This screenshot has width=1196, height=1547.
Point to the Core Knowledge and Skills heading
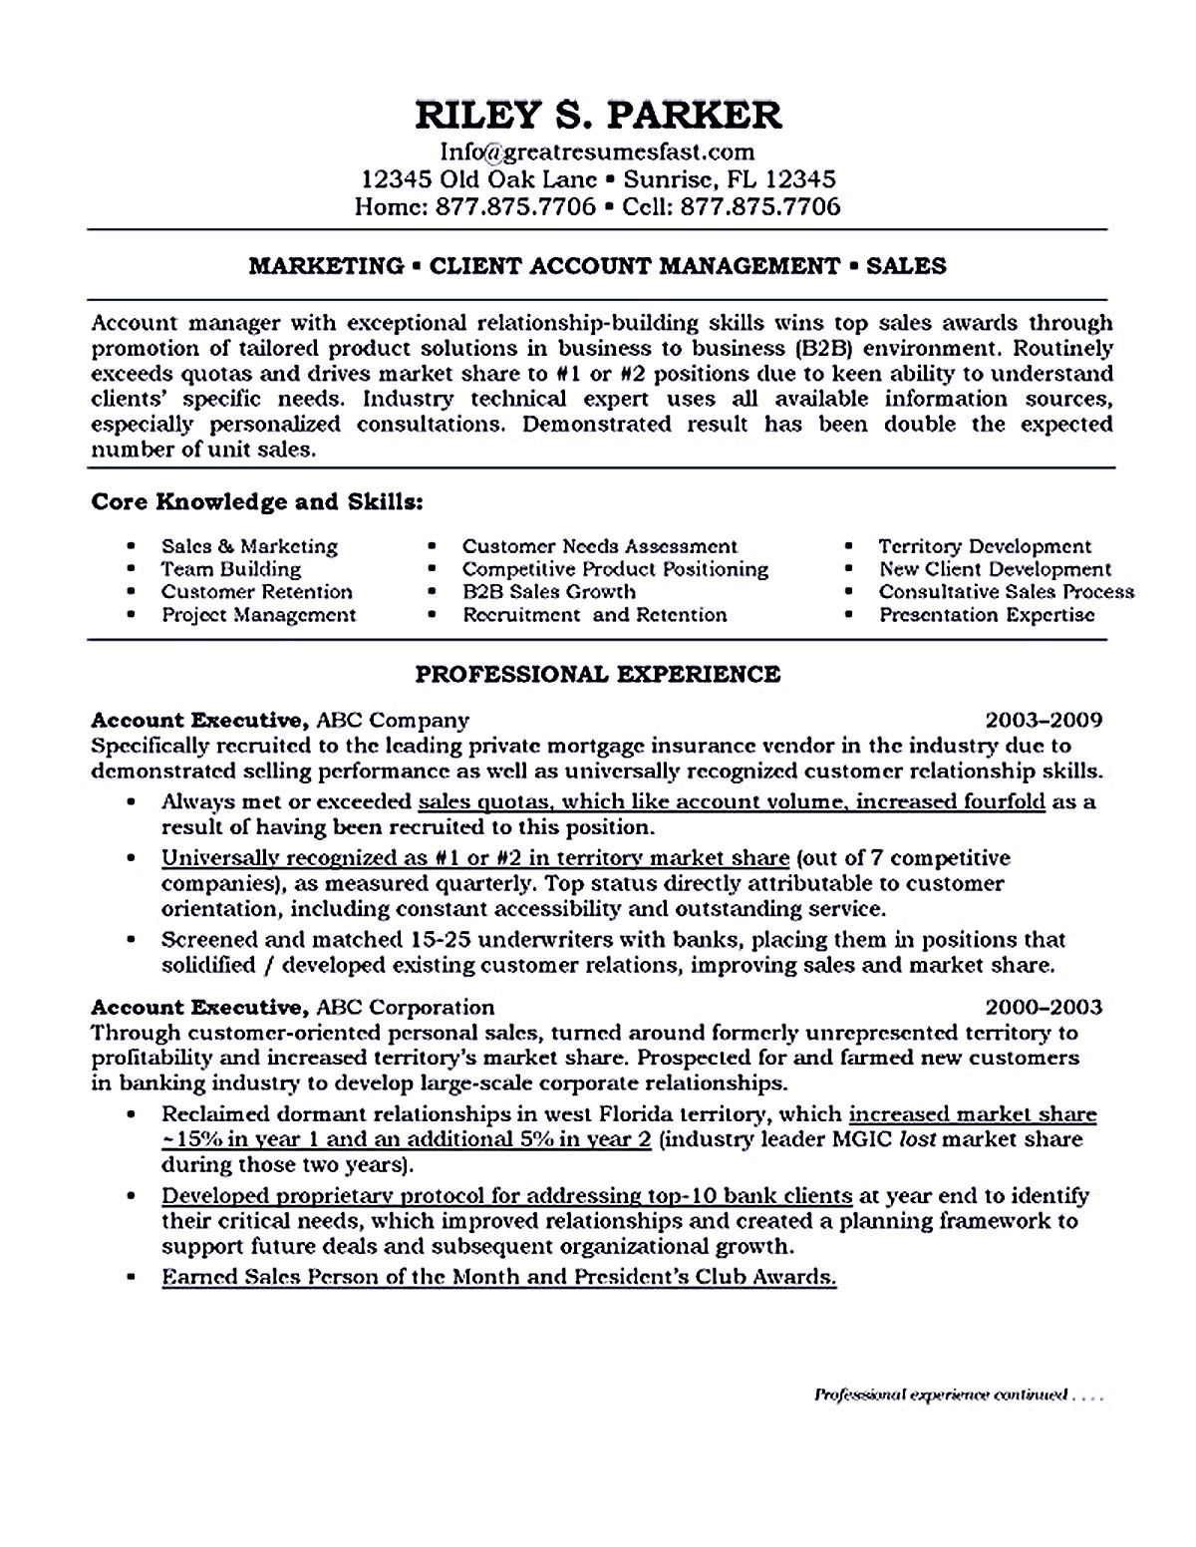click(257, 501)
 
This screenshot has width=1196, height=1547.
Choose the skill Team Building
click(230, 569)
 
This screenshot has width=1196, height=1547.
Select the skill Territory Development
click(985, 546)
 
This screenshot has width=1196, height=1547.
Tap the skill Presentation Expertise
click(987, 615)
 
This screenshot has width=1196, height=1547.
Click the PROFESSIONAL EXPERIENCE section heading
click(597, 675)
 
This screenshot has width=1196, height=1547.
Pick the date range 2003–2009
click(1044, 719)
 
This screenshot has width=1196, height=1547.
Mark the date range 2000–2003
click(1044, 1008)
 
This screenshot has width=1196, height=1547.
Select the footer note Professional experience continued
click(942, 1395)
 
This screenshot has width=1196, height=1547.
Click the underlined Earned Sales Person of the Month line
click(498, 1277)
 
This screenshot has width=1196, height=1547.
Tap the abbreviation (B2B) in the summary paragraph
click(829, 349)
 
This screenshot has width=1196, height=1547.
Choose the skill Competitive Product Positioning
click(615, 569)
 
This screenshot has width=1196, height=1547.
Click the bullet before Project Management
click(133, 616)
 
